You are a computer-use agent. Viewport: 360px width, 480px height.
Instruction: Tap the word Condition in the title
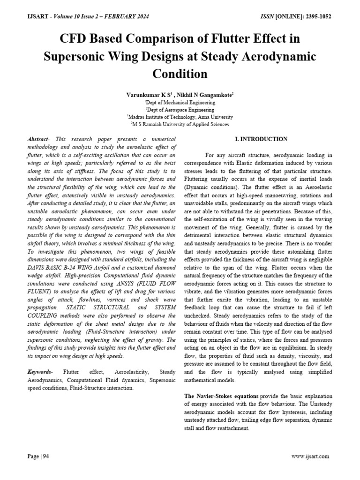pos(180,74)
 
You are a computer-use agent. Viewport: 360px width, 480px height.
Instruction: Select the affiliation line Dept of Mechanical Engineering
pos(180,102)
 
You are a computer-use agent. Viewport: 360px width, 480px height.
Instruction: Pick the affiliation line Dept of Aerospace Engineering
pos(180,110)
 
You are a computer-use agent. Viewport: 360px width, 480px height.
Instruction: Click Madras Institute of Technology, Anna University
pos(180,117)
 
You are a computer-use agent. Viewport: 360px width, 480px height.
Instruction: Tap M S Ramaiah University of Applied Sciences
pos(180,125)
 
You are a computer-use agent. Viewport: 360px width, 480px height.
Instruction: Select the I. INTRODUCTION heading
pos(261,139)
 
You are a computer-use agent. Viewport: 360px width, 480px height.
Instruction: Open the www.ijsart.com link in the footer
pos(310,456)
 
